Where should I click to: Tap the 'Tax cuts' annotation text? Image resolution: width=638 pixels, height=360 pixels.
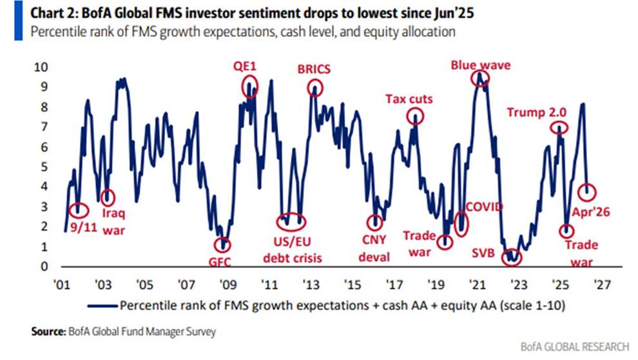click(409, 99)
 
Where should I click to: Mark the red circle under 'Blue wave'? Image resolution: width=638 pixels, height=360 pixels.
click(479, 78)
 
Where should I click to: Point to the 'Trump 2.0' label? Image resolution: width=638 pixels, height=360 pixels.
click(537, 111)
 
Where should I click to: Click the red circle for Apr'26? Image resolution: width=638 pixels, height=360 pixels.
click(587, 191)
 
